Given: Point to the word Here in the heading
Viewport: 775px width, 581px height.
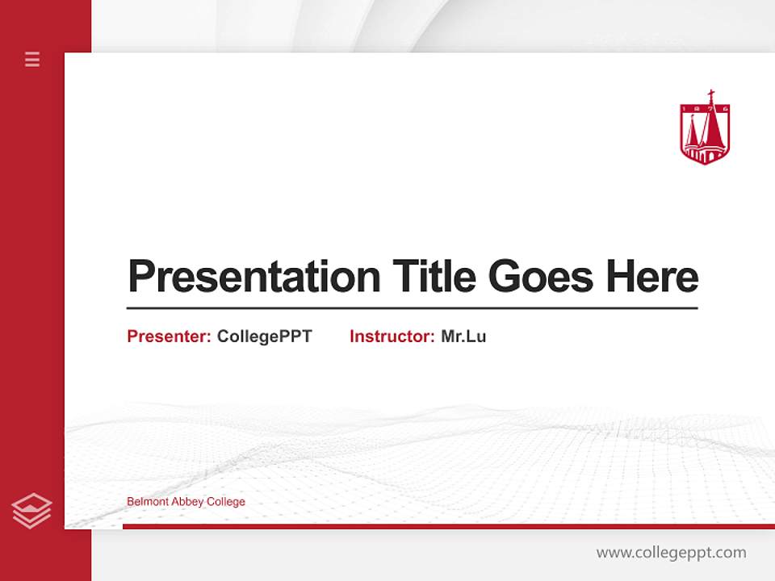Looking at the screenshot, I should click(652, 277).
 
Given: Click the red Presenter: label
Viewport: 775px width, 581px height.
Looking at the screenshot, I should click(169, 336).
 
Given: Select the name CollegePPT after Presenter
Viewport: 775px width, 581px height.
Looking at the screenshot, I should click(264, 336).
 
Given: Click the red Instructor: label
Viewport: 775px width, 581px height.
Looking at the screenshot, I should click(392, 336).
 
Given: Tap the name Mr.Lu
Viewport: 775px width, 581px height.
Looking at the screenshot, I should click(463, 336).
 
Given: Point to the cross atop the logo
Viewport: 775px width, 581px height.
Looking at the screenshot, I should click(710, 96).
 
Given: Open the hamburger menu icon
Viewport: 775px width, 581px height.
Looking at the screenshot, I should click(32, 59).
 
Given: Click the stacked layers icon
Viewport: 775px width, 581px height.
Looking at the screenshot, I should click(31, 511).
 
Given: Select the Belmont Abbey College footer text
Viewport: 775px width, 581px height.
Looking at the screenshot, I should click(186, 502).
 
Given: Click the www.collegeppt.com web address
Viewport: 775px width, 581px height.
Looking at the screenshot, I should click(671, 553).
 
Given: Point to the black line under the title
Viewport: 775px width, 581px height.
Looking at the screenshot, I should click(412, 308).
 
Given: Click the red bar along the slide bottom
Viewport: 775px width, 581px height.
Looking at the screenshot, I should click(448, 526).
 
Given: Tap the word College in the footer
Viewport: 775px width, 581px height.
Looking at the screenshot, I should click(226, 502).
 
